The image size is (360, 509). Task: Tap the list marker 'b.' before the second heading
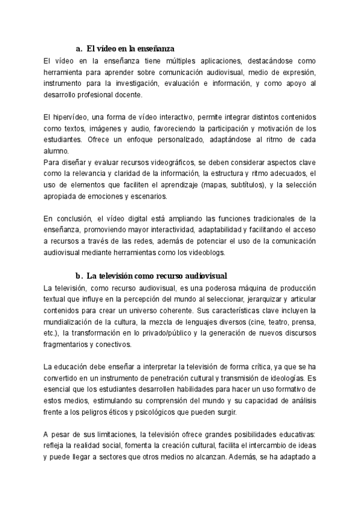pyautogui.click(x=79, y=276)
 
